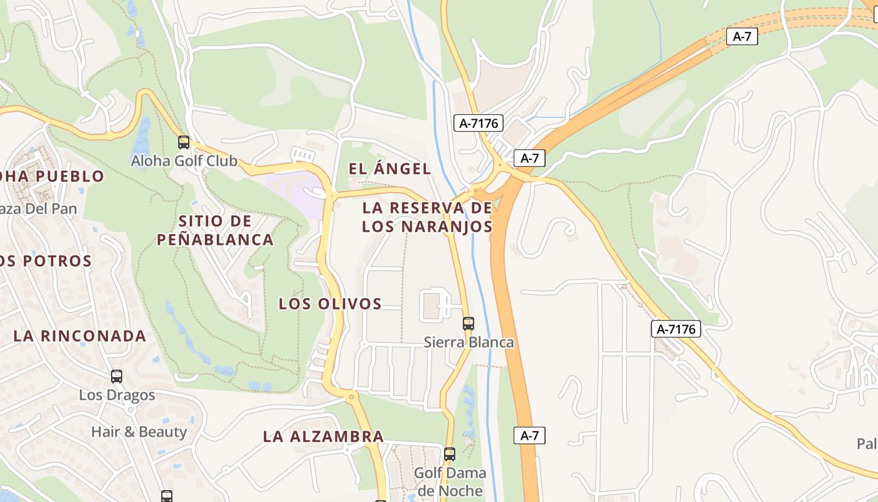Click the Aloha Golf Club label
184,161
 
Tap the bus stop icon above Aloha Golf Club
184,142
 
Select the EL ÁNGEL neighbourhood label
389,168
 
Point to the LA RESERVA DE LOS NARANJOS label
427,216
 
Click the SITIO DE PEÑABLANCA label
215,230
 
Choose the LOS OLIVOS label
330,304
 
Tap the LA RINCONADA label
80,336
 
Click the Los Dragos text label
117,395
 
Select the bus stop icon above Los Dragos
117,376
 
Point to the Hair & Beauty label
139,432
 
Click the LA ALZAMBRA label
323,436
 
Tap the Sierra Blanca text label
468,342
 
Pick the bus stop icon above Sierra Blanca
468,324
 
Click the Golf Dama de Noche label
450,481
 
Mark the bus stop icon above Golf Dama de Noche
450,454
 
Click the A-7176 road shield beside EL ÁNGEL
479,123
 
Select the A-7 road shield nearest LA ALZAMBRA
529,435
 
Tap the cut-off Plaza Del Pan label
38,209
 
